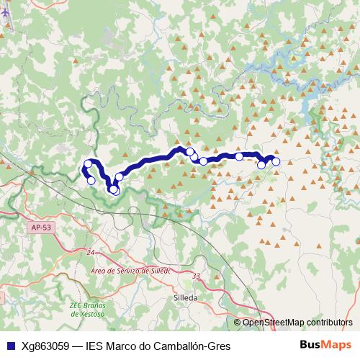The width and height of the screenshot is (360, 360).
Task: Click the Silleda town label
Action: coord(186,296)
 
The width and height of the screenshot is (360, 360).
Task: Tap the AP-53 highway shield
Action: coord(41,228)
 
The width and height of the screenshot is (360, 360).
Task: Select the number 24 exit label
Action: coord(90,253)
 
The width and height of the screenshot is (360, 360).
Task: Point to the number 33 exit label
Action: coord(197,276)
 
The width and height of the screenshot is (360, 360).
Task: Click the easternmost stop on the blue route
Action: coord(275,162)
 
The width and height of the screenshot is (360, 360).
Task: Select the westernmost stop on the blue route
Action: coord(87,165)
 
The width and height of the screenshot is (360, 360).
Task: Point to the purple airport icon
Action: coord(6,17)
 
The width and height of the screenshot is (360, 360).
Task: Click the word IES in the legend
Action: coord(94,346)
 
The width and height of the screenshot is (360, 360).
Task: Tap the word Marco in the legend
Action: coord(121,346)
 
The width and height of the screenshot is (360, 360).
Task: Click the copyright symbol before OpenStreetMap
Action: coord(237,323)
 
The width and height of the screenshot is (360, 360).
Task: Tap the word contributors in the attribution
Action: coord(328,323)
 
